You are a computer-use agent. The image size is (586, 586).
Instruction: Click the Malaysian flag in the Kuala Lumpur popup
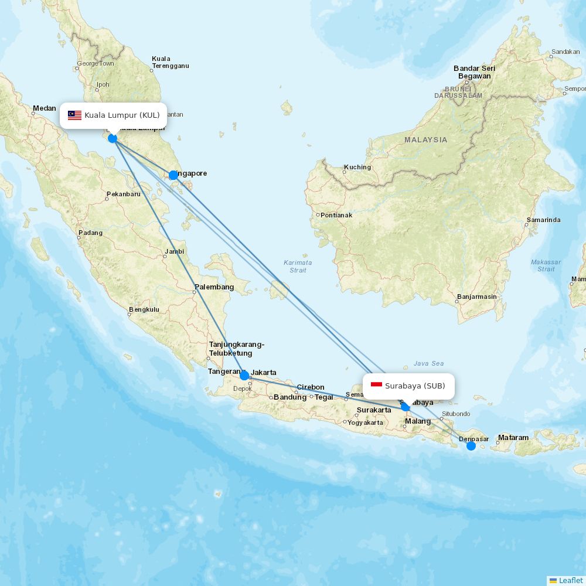tap(74, 115)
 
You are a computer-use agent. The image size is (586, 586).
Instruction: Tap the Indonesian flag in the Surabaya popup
tap(376, 385)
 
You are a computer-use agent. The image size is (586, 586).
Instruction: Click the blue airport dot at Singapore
tap(173, 175)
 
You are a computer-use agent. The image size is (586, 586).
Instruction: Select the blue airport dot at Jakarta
tap(244, 375)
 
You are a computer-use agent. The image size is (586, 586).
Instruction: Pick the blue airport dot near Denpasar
tap(471, 446)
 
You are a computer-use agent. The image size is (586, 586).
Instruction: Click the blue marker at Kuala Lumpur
tap(113, 138)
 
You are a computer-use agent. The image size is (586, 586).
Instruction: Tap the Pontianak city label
tap(336, 215)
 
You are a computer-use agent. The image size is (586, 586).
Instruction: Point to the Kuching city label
tap(357, 167)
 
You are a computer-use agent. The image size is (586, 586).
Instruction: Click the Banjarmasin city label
tap(476, 297)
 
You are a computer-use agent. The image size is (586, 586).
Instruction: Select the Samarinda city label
tap(543, 220)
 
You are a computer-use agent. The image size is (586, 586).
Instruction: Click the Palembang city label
tap(214, 287)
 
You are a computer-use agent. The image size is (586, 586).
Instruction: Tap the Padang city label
tap(90, 233)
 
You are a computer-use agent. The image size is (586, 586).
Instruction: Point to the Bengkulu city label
tap(144, 309)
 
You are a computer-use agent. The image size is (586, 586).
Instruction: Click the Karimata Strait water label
tap(298, 266)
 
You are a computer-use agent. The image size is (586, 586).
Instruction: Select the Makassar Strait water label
tap(546, 265)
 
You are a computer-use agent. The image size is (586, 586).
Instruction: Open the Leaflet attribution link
tap(570, 580)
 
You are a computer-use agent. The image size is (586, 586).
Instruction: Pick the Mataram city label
tap(513, 438)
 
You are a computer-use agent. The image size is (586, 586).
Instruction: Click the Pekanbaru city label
tap(124, 194)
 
